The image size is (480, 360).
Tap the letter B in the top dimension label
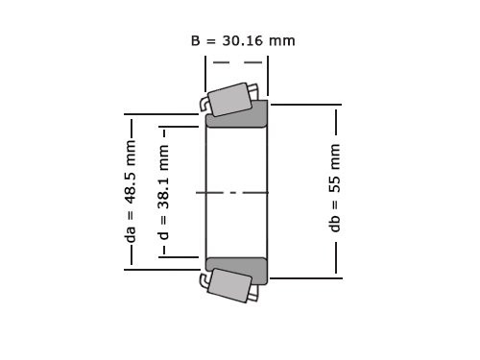(196, 40)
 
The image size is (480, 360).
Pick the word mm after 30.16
(281, 40)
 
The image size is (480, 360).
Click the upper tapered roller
(230, 99)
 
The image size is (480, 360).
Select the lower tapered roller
(229, 285)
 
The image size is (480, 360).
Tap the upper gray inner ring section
(237, 114)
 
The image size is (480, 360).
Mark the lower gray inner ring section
(237, 270)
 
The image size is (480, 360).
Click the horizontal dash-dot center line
(232, 193)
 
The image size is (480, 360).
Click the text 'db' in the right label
(335, 223)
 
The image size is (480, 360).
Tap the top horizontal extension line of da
(163, 115)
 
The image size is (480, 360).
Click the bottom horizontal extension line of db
(305, 277)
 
